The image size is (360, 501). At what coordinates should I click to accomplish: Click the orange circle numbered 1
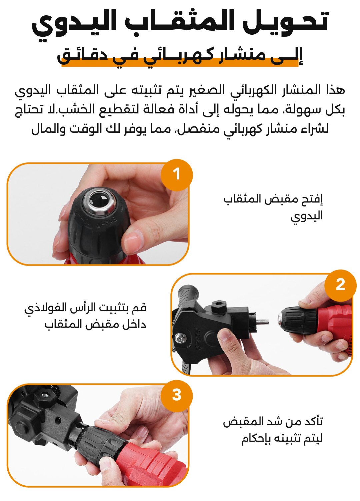pyautogui.click(x=177, y=175)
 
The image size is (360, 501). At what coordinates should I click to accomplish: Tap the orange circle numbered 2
pyautogui.click(x=340, y=286)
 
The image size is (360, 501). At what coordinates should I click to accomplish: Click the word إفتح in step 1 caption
pyautogui.click(x=311, y=199)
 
